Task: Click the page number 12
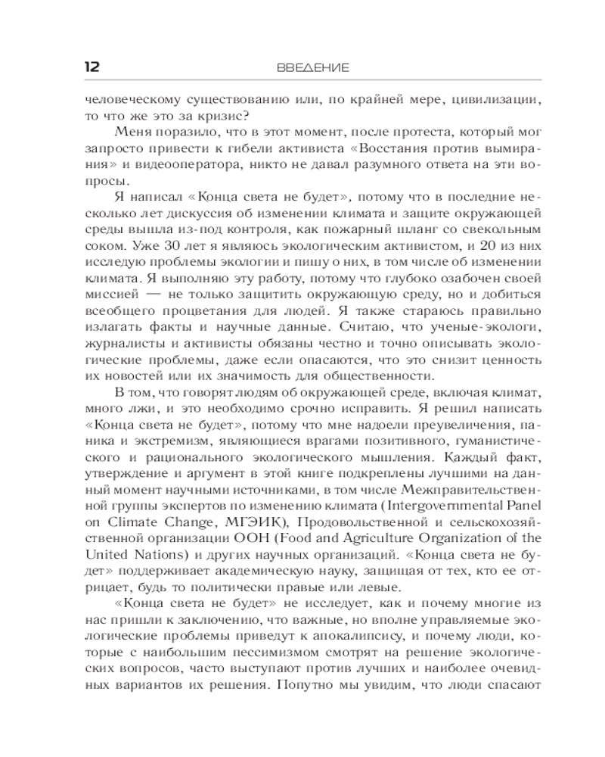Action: pyautogui.click(x=89, y=67)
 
